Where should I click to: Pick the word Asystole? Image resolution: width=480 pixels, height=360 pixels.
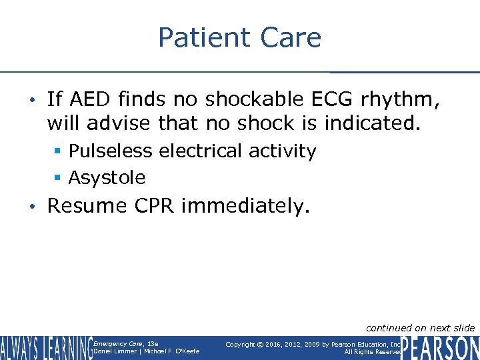[x=107, y=178]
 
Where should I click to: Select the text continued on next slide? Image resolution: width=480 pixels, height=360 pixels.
[x=420, y=327]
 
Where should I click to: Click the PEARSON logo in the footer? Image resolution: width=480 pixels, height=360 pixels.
[x=440, y=347]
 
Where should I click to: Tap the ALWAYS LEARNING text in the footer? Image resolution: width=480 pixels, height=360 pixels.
[x=45, y=348]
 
